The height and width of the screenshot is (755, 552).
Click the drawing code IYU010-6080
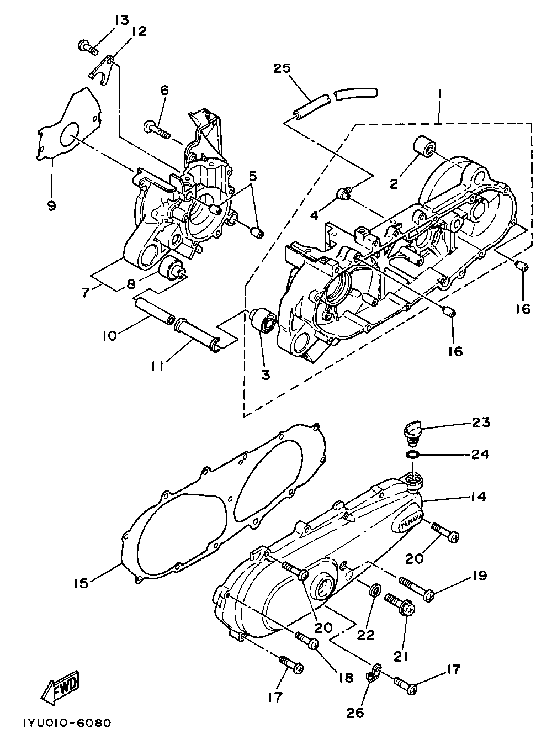pyautogui.click(x=67, y=722)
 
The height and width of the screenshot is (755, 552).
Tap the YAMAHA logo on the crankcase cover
pyautogui.click(x=409, y=521)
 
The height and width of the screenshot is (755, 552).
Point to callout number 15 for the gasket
pyautogui.click(x=82, y=583)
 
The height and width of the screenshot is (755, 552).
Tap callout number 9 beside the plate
pyautogui.click(x=51, y=205)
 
